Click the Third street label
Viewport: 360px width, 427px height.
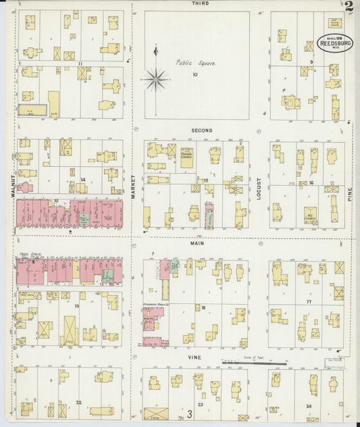click(x=200, y=3)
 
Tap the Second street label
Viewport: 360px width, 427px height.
click(x=201, y=130)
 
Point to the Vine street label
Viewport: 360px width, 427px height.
click(x=195, y=357)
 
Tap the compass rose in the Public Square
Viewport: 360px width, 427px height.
click(x=156, y=80)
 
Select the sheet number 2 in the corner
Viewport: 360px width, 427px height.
click(x=348, y=7)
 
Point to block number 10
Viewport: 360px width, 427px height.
click(x=195, y=75)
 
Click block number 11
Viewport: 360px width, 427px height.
click(x=80, y=64)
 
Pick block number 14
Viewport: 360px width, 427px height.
click(x=82, y=179)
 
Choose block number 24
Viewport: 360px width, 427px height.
click(x=309, y=405)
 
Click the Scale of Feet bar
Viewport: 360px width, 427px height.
click(x=255, y=363)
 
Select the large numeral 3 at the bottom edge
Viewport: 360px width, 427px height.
click(x=190, y=413)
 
